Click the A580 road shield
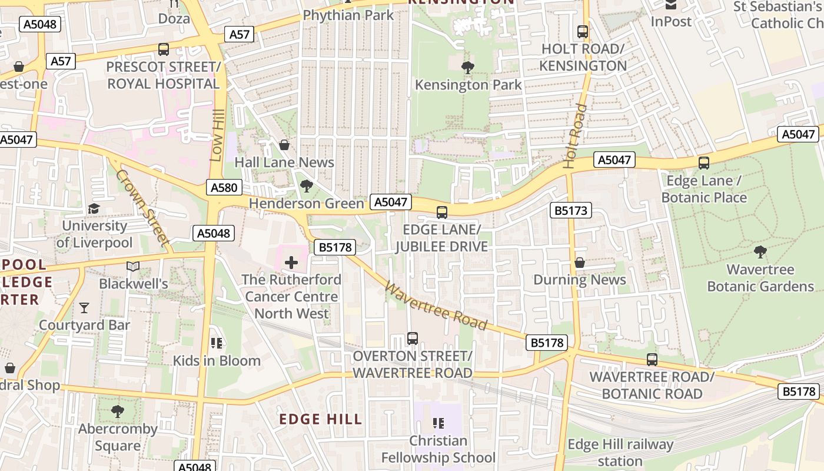point(224,188)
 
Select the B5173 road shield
point(570,210)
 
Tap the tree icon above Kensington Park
point(468,67)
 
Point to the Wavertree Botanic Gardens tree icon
point(760,252)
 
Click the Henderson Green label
point(307,204)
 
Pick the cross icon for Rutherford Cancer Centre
point(291,262)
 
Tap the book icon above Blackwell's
point(134,267)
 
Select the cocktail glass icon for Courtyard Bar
point(84,307)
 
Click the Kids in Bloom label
point(217,360)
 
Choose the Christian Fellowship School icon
point(438,423)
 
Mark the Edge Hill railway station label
point(620,452)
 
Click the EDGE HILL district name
point(321,419)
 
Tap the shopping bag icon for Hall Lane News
point(284,145)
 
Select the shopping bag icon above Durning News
point(580,263)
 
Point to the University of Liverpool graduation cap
point(94,208)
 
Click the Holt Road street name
point(575,136)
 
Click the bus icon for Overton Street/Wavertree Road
point(413,339)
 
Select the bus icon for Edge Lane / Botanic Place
point(703,163)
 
